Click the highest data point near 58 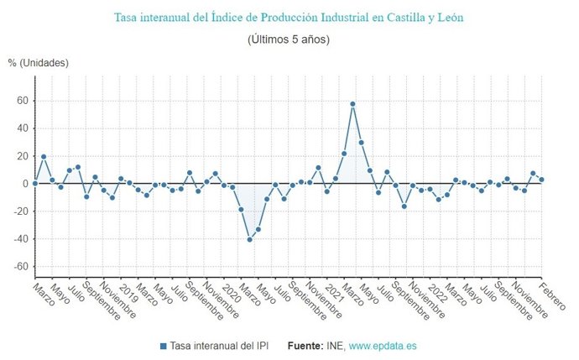point(352,104)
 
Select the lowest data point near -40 point(249,240)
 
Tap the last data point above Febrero point(542,180)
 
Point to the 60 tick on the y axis point(22,101)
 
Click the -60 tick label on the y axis point(20,267)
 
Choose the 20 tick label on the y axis point(22,156)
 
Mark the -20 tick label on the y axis point(20,211)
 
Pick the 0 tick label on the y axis point(25,184)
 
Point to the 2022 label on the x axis point(436,290)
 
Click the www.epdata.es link point(383,346)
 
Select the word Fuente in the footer point(306,346)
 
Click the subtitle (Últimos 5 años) point(289,39)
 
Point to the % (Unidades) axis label point(39,63)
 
